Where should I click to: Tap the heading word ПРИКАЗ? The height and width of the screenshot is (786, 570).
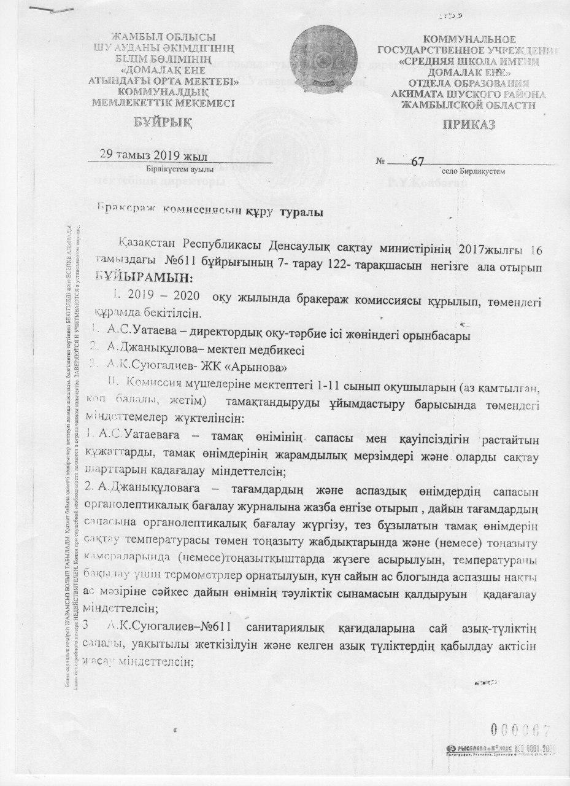pyautogui.click(x=464, y=125)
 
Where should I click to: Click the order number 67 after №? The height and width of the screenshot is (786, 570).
pyautogui.click(x=418, y=161)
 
